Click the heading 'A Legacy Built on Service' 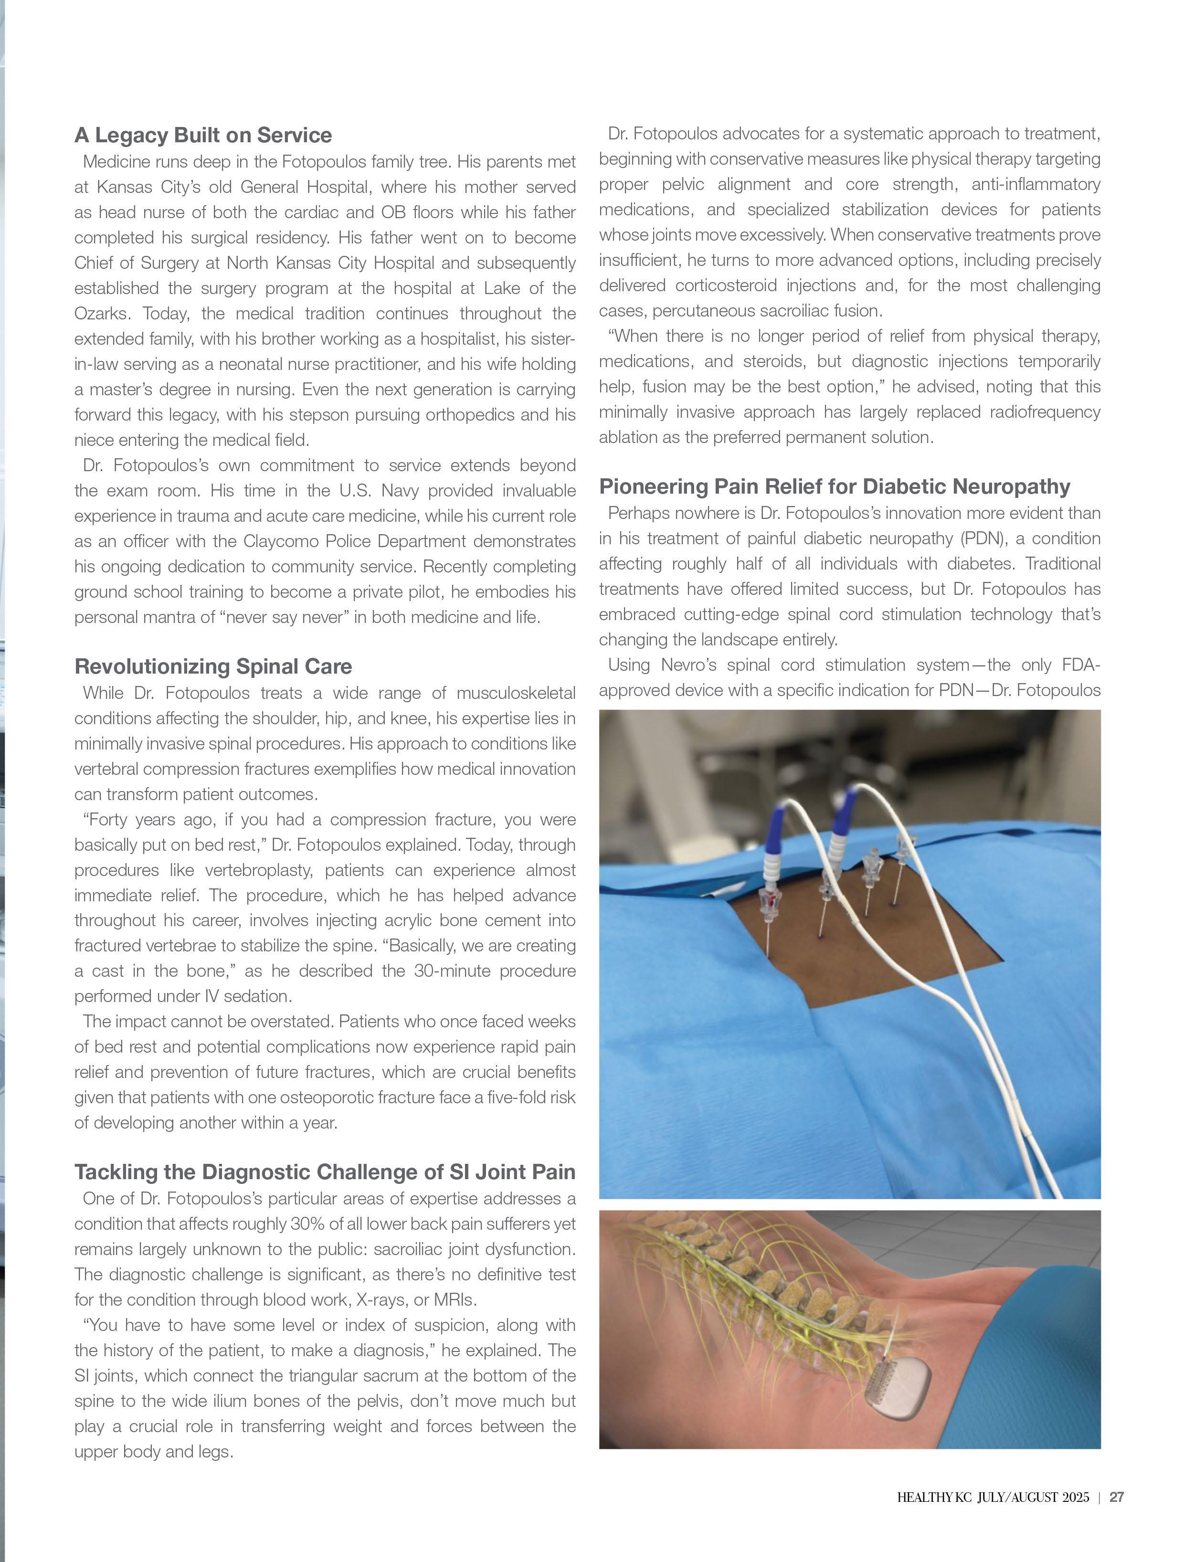pos(203,135)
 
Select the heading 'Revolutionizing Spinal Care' pos(213,666)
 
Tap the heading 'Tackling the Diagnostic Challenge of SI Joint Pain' pos(325,1172)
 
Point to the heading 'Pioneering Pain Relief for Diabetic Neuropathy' pos(834,487)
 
